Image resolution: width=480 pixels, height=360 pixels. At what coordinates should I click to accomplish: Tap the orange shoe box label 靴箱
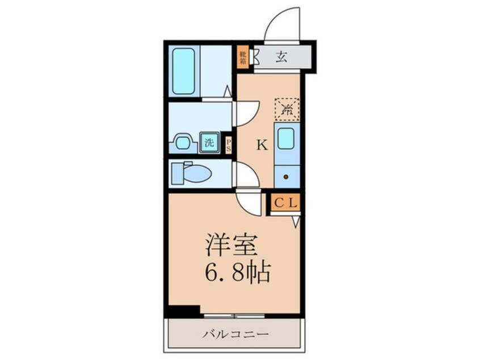(243, 57)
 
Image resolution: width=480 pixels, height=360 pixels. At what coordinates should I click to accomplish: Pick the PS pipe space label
(229, 144)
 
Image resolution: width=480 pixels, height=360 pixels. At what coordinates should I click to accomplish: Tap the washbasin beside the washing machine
(183, 142)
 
